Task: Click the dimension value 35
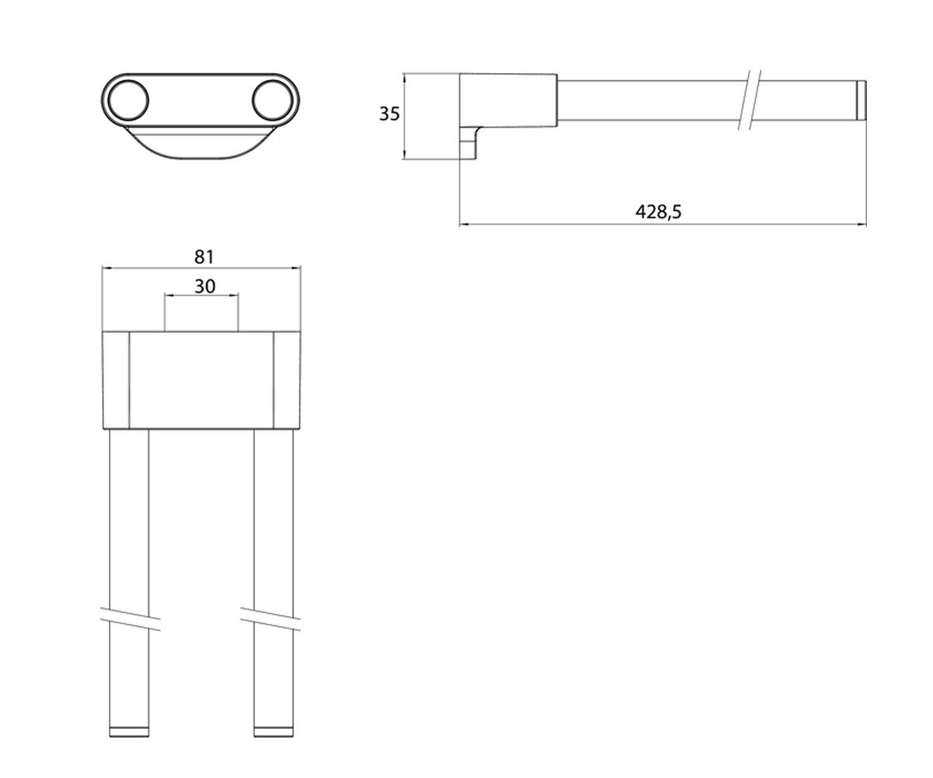[390, 114]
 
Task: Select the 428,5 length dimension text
[659, 212]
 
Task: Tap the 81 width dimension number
[204, 257]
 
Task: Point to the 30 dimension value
[204, 286]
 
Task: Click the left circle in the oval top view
[129, 100]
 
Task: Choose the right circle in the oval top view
[273, 100]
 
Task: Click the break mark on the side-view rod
[750, 100]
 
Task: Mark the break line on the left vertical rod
[130, 619]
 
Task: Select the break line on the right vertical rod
[271, 619]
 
